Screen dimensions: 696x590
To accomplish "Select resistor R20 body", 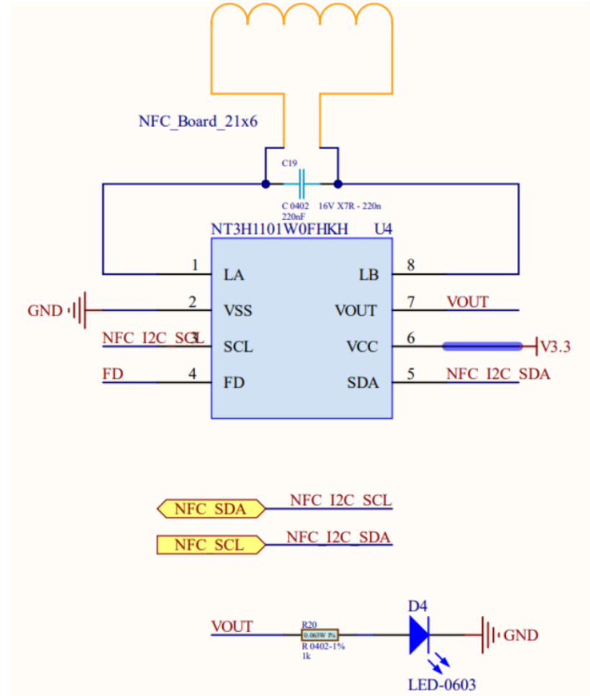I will [x=319, y=635].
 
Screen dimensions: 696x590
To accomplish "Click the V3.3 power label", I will [x=555, y=346].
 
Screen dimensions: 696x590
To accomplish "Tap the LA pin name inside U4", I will [x=235, y=275].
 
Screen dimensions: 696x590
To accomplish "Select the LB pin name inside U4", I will [x=368, y=275].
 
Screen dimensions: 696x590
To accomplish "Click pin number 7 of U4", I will [x=411, y=302].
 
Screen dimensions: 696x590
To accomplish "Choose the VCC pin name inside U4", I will [x=362, y=346].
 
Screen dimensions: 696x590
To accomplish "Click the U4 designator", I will [x=383, y=230].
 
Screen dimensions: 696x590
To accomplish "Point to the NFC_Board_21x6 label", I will [x=198, y=121].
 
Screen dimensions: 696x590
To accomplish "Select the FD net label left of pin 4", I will [x=112, y=374].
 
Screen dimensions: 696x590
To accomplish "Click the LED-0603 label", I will [x=442, y=684].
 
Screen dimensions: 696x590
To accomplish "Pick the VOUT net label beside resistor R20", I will [x=232, y=626].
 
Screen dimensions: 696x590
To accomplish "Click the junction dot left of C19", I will [x=265, y=184].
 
